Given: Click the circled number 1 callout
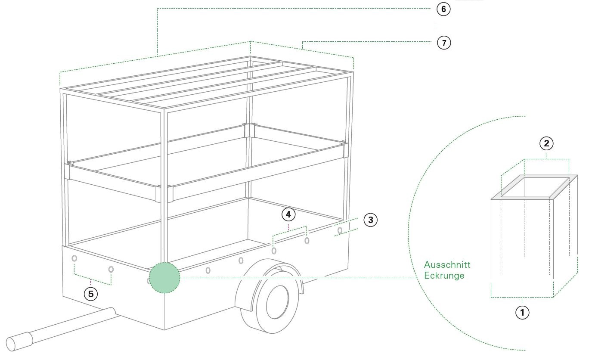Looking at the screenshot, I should coord(522,312).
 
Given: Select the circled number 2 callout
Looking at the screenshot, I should coord(546,144).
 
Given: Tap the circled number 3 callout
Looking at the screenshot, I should coord(370,220).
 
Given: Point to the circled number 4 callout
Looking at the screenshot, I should coord(288,214).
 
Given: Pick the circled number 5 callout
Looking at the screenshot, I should coord(90,294).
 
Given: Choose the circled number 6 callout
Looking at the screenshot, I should coord(443,9).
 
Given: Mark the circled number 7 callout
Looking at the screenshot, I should coord(443,43).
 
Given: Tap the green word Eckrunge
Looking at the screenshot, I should coord(444,276).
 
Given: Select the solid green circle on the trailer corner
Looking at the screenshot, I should coord(164,278).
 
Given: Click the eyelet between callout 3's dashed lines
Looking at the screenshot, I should coord(340,230).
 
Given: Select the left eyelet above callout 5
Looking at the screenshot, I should coord(74,258).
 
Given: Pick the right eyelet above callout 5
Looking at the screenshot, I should coord(111,270).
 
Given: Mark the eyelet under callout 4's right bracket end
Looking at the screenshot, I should coord(307,240).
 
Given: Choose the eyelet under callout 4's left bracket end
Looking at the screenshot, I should coord(274,250).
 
